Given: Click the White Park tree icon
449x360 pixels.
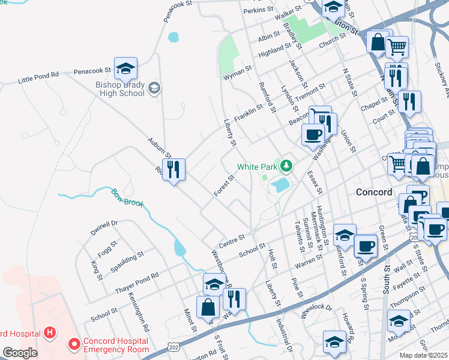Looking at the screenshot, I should coord(287,165).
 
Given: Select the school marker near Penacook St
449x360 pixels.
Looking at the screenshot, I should coord(125,70).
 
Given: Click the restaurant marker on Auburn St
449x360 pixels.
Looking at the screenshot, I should coord(173,170).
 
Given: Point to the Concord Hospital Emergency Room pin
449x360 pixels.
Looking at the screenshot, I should coord(75,344).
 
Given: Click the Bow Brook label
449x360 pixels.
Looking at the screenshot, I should coord(127,198).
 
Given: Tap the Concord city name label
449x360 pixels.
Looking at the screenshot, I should coord(374,193).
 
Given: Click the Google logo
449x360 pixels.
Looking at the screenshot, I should coord(20,353).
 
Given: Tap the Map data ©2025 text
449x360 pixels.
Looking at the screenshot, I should coord(424,355).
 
